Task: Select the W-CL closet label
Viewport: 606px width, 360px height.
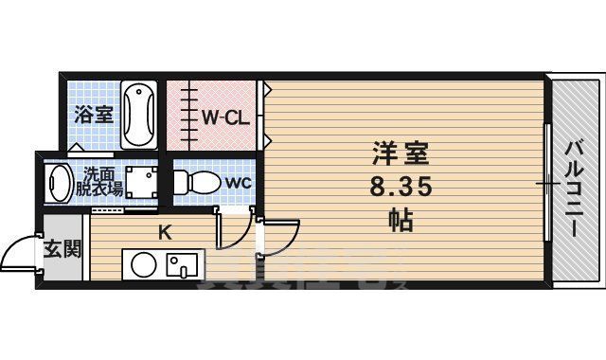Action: (x=224, y=118)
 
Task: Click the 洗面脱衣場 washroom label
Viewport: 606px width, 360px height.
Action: (x=102, y=180)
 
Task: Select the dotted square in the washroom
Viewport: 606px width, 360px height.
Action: (x=143, y=181)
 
